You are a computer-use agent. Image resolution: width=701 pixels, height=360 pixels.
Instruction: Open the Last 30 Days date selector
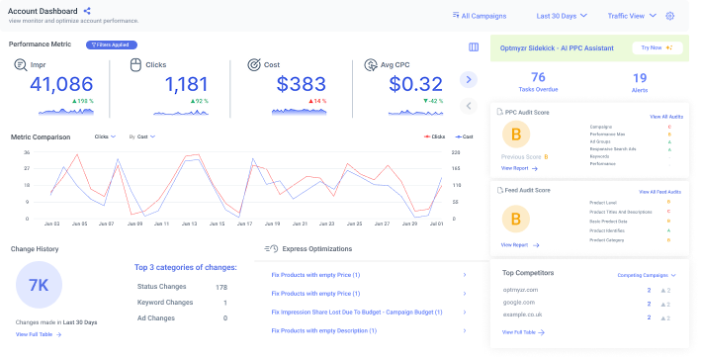tap(562, 16)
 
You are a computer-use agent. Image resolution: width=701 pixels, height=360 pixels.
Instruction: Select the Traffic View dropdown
tap(631, 16)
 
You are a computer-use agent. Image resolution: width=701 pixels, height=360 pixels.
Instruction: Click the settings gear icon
tap(670, 16)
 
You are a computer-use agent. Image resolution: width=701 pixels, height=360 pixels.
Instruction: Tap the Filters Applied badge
tap(112, 45)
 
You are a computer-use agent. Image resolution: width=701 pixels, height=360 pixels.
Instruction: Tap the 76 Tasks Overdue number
tap(538, 77)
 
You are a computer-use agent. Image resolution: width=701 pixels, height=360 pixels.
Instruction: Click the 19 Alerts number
tap(639, 77)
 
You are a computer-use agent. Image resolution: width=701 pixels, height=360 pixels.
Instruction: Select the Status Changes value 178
tap(220, 287)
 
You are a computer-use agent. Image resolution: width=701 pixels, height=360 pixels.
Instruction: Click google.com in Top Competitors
tap(520, 303)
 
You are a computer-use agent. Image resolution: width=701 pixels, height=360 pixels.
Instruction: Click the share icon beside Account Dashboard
tap(87, 11)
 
